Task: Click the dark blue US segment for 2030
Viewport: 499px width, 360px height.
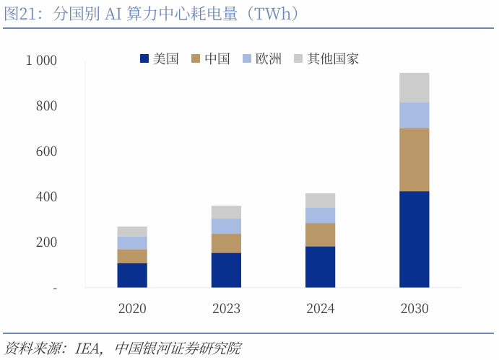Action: coord(415,239)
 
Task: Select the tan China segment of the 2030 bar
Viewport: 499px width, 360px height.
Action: coord(415,159)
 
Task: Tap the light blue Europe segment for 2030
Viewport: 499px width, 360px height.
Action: coord(415,115)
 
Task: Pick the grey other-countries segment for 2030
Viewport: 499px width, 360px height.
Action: coord(415,87)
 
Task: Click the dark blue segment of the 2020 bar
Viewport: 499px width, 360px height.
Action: coord(132,275)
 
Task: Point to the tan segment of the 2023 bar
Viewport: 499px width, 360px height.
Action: coord(226,243)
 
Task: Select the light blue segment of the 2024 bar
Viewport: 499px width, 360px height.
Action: coord(320,215)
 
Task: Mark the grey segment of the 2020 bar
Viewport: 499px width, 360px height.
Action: coord(132,232)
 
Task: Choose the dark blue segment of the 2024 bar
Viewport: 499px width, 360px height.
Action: coord(320,267)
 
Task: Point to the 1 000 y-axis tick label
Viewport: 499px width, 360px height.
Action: coord(41,61)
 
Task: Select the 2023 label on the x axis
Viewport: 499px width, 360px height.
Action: coord(226,309)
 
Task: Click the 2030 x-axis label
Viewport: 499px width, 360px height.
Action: coord(415,309)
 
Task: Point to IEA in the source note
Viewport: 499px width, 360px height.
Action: coord(89,349)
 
